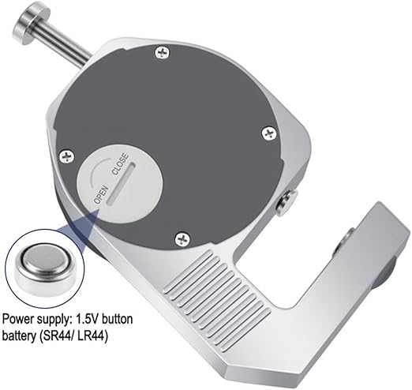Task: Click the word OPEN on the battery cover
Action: point(101,195)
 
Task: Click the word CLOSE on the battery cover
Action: point(121,163)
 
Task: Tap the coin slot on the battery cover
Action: point(122,183)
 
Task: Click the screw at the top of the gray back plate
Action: point(163,53)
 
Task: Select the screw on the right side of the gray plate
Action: point(270,133)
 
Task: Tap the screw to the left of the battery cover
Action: point(67,157)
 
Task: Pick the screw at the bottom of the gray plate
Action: point(182,239)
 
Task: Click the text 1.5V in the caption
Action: point(87,319)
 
